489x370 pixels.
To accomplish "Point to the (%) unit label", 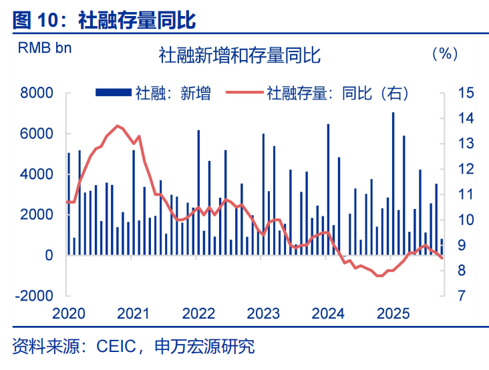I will coord(444,54).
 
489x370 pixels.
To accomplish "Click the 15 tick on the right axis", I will coord(466,94).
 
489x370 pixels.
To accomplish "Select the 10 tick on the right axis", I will coord(466,220).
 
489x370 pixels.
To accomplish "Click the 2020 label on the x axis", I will coord(67,314).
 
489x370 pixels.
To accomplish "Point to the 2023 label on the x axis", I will coord(263,314).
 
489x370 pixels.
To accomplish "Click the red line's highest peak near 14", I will coord(118,126).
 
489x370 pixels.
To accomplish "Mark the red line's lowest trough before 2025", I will coord(379,275).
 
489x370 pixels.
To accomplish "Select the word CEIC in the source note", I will coord(117,347).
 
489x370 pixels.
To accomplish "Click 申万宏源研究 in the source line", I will coord(204,347).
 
